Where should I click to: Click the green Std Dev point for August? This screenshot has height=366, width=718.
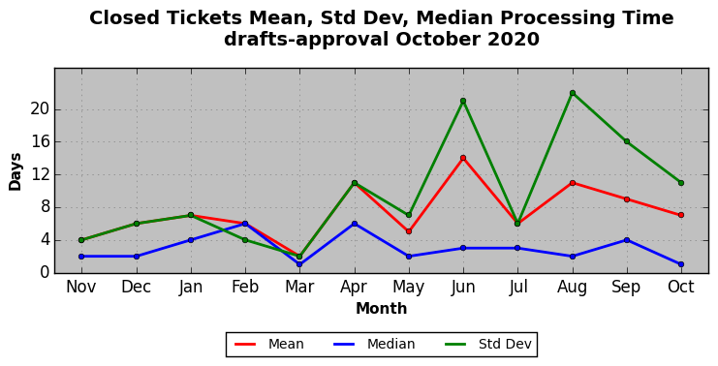(x=573, y=93)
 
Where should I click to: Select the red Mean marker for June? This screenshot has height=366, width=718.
(x=463, y=158)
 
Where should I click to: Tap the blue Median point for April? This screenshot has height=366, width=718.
(x=355, y=224)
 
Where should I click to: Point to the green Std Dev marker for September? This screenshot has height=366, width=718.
(x=626, y=141)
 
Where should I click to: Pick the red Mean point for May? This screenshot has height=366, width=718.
(x=409, y=231)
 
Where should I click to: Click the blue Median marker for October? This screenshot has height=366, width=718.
(x=681, y=264)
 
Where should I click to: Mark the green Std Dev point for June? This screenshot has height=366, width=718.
(x=463, y=101)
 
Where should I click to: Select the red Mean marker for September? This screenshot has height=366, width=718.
(x=626, y=199)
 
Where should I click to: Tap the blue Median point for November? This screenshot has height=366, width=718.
(x=81, y=257)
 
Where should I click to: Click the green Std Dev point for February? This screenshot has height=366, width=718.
(x=245, y=240)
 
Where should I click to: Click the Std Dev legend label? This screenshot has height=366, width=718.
(x=505, y=344)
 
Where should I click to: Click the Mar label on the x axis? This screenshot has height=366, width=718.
(x=299, y=287)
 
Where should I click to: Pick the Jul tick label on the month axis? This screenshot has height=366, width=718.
(x=517, y=287)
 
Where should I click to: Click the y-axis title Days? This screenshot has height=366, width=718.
(x=16, y=171)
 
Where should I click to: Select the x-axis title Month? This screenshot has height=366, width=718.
(x=382, y=308)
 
